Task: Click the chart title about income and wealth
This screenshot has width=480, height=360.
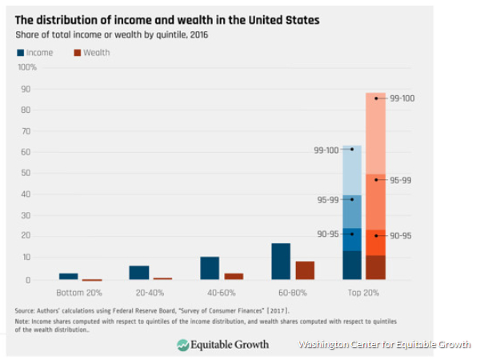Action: (167, 19)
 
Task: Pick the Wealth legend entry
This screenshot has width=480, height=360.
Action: (91, 53)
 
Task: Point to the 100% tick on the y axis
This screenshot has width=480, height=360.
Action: (27, 67)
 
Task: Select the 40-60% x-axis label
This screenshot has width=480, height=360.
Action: (211, 293)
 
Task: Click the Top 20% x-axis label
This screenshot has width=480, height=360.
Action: (365, 293)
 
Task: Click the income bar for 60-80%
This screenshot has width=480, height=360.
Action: (281, 262)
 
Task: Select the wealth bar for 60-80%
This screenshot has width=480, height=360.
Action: (306, 270)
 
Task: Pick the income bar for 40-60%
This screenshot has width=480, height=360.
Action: (210, 268)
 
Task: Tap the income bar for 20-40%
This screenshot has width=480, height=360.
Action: (139, 273)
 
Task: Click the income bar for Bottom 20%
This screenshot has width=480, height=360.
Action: (69, 276)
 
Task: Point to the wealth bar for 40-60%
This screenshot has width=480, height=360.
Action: (234, 277)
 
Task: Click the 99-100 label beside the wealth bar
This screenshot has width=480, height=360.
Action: (402, 98)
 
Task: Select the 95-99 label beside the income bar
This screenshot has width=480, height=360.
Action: (328, 200)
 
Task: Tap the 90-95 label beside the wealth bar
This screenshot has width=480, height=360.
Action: (400, 235)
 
